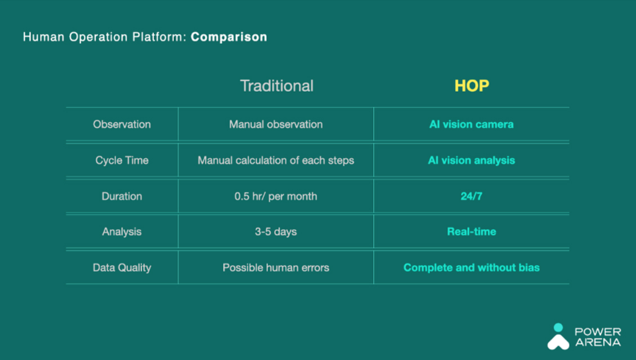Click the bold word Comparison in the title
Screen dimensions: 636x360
coord(229,37)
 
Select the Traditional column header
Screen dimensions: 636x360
coord(276,86)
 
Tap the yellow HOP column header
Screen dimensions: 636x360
coord(472,86)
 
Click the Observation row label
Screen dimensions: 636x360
coord(122,124)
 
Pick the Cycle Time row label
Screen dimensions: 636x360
coord(122,160)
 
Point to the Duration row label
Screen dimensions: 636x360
coord(122,196)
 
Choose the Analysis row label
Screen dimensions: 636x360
coord(122,232)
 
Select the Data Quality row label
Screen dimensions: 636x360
coord(122,268)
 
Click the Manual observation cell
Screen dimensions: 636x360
coord(276,124)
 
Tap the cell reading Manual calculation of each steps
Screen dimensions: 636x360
coord(276,160)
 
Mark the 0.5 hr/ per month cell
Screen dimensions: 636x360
coord(276,196)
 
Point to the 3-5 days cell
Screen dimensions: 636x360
coord(276,232)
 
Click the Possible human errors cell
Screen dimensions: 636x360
coord(276,268)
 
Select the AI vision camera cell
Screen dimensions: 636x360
coord(471,124)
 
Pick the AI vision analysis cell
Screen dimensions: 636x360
coord(471,160)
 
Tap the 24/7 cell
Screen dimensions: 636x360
coord(471,196)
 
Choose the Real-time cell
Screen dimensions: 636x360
coord(471,232)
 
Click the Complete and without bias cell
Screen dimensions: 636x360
coord(471,268)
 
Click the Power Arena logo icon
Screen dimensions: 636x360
coord(558,336)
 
